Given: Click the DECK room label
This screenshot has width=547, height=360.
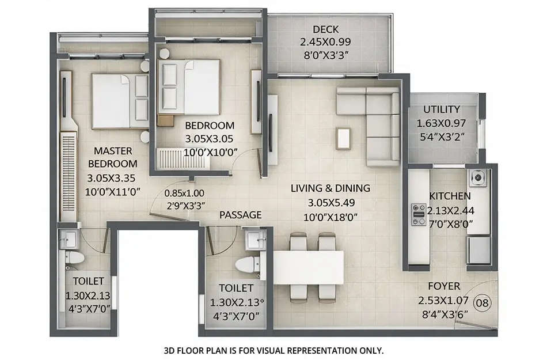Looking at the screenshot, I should [325, 29].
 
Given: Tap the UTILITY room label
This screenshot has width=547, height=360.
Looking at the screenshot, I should [441, 109].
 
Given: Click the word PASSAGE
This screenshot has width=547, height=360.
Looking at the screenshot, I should [240, 215].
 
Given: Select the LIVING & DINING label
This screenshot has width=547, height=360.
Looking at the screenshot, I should [330, 188].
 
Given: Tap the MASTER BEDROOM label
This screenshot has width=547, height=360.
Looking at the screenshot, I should [113, 157].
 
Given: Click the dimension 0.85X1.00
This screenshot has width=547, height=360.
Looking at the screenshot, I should [184, 194].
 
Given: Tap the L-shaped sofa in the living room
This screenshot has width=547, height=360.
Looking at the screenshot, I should [380, 124].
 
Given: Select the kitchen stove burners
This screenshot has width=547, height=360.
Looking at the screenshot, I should [417, 213].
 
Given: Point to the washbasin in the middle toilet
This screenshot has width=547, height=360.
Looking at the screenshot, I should [253, 237].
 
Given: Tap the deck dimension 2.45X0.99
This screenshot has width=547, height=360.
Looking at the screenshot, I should [325, 42].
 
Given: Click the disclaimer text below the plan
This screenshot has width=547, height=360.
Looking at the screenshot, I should [273, 350].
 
